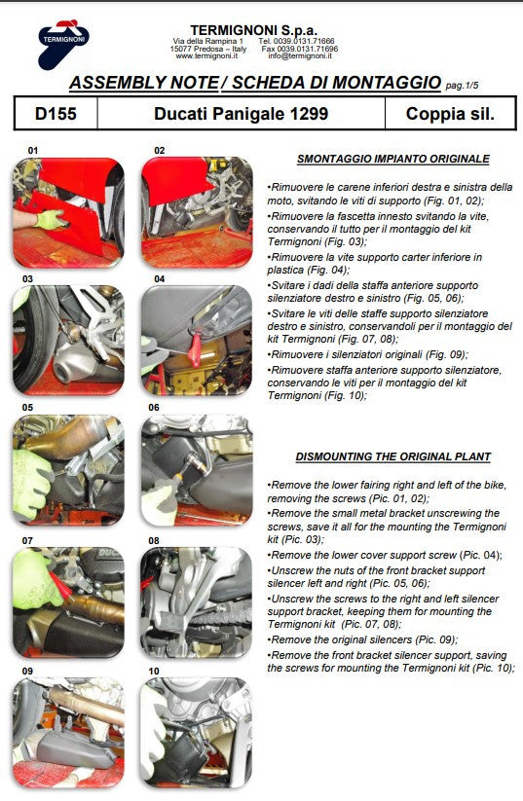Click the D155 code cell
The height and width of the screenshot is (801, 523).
click(56, 114)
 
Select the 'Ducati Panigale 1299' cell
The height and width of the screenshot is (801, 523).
click(241, 114)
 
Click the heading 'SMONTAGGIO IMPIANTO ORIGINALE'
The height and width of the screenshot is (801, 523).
click(392, 159)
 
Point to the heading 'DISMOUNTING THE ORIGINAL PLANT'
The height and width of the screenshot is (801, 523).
click(392, 456)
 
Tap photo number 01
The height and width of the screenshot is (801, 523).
click(68, 213)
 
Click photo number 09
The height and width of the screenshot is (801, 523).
click(68, 732)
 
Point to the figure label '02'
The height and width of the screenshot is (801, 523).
click(159, 151)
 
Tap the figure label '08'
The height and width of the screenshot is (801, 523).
click(153, 538)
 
